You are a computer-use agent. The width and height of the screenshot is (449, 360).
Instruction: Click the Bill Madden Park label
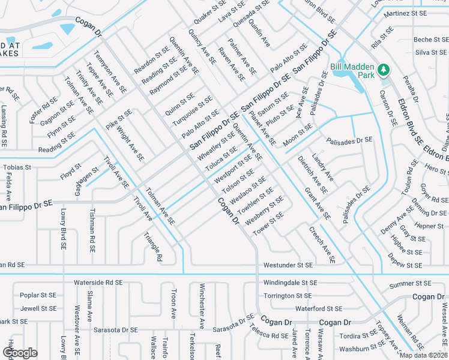[352, 71]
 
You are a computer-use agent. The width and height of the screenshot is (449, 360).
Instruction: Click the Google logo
[20, 352]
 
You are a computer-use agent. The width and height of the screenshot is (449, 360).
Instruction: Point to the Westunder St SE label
[288, 265]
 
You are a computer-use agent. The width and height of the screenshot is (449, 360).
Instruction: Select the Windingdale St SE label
[290, 282]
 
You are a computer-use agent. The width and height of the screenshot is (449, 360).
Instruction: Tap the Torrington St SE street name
[288, 296]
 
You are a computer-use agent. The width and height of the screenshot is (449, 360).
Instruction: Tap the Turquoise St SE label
[193, 110]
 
